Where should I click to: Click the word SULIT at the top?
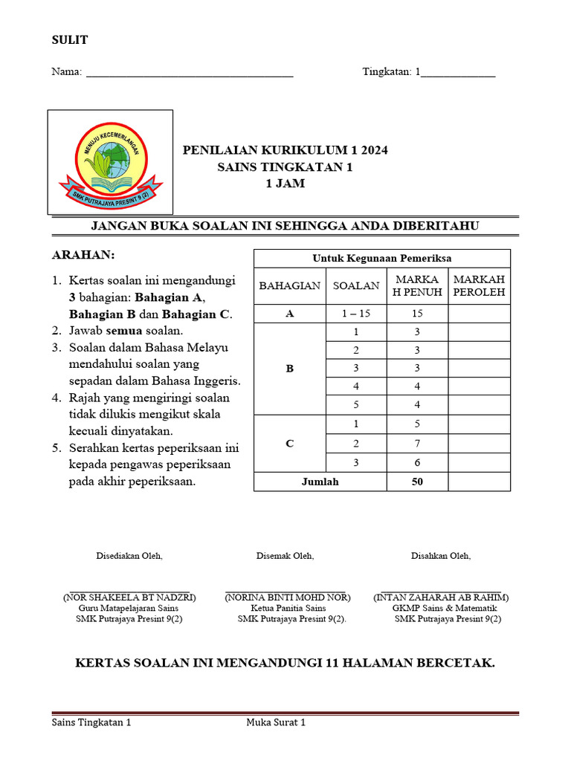click(x=69, y=40)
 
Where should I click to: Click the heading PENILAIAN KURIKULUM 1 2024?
click(x=285, y=150)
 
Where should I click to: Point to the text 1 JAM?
click(x=285, y=184)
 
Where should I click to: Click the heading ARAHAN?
click(x=83, y=255)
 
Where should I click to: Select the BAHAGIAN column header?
click(x=290, y=285)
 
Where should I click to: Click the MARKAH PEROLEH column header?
click(x=479, y=285)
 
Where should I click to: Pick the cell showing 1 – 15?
click(x=356, y=314)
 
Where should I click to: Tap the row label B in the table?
click(x=290, y=369)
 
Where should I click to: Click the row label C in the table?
click(x=290, y=444)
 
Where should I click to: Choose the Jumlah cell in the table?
click(x=320, y=482)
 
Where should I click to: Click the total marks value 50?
click(x=417, y=482)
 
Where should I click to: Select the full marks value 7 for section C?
click(x=417, y=444)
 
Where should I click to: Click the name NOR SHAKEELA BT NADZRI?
click(x=129, y=597)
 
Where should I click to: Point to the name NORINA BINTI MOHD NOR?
click(x=287, y=597)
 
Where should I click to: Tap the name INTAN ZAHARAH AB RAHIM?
click(x=441, y=597)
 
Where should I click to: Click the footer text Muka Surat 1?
click(x=276, y=722)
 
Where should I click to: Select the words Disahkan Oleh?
click(x=441, y=556)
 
